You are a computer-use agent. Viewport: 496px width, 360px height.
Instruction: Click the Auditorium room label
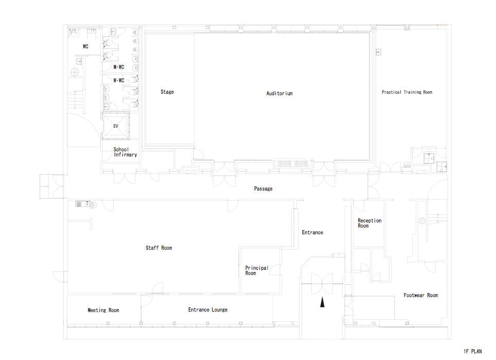[279, 93]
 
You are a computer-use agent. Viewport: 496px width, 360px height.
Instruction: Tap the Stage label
[167, 92]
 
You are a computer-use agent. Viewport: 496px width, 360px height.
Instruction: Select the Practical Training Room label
[407, 92]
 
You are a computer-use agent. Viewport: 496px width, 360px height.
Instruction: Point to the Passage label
[263, 188]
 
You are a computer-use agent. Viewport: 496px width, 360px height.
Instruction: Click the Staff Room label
[159, 248]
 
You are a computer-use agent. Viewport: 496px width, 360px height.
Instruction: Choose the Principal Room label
[257, 270]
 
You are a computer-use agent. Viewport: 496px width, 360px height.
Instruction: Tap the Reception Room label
[369, 223]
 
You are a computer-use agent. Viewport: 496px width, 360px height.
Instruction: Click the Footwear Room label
[421, 296]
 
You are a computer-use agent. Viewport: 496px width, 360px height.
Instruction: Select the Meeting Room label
[103, 310]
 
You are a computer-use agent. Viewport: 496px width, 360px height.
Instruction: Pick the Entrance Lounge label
[208, 310]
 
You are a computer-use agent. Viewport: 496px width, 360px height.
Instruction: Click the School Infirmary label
[125, 152]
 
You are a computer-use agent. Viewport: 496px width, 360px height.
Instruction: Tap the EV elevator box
[116, 126]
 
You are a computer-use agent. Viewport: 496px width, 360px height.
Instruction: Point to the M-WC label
[119, 67]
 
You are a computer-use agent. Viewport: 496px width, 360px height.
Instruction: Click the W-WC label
[119, 80]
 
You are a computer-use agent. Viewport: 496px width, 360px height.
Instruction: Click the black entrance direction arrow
[322, 302]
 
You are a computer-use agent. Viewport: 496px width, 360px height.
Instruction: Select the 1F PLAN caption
[473, 351]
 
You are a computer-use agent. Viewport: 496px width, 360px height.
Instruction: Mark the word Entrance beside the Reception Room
[312, 232]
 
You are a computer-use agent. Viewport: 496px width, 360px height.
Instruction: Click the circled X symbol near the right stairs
[422, 220]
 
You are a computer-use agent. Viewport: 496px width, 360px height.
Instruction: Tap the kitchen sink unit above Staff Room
[83, 204]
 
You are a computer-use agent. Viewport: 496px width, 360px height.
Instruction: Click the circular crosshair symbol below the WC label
[74, 73]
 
